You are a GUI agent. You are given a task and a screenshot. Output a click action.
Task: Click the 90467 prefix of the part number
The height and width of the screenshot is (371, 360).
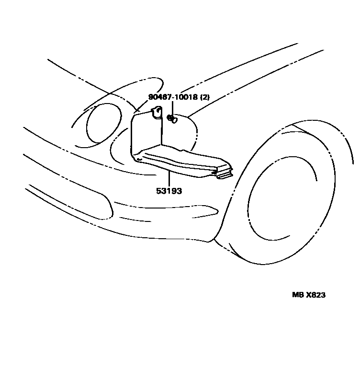[x=159, y=97]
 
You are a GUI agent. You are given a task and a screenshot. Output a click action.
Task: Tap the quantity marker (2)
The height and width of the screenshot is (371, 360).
[x=205, y=97]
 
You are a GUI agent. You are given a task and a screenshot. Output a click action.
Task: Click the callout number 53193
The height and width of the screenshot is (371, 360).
[x=169, y=191]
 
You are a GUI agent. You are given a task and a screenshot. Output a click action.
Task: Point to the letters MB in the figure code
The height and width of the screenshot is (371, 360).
[x=298, y=295]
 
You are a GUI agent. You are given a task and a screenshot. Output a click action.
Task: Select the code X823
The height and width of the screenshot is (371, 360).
[x=315, y=295]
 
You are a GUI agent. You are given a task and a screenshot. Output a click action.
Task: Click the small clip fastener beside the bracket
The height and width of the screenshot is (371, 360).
[x=171, y=118]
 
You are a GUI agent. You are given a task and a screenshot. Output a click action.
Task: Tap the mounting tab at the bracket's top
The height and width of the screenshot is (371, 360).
[x=155, y=113]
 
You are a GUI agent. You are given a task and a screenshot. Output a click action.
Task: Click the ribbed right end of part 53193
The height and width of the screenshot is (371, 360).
[x=224, y=173]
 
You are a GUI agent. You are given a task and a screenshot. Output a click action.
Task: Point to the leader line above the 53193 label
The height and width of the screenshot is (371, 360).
[x=169, y=177]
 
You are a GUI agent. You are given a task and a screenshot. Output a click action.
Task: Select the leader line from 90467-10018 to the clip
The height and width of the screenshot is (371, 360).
[x=171, y=108]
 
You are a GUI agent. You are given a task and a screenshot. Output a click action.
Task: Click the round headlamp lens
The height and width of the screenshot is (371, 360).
[x=103, y=126]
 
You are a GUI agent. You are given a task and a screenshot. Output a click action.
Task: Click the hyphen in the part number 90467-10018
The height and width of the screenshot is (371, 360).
[x=171, y=97]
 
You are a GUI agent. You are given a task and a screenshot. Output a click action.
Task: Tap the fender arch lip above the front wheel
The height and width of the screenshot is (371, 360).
[x=306, y=132]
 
